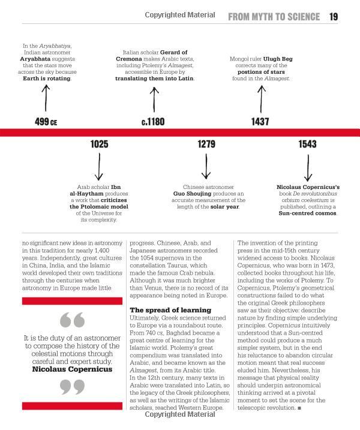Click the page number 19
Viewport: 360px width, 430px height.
(x=334, y=17)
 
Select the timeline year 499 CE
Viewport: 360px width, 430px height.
(x=46, y=122)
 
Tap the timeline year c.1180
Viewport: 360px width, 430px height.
(x=153, y=122)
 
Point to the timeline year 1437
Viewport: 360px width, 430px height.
(x=260, y=122)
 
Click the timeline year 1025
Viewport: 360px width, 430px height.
(x=100, y=144)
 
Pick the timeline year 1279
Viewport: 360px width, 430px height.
(x=206, y=144)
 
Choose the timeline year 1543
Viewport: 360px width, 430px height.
(x=307, y=144)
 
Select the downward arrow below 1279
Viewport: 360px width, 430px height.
(x=206, y=166)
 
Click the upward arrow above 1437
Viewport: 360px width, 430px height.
(x=260, y=97)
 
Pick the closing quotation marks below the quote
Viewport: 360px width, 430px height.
(x=73, y=389)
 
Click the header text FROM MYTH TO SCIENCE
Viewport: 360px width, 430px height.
(x=274, y=17)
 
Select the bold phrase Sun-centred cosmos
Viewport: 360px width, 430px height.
(x=308, y=213)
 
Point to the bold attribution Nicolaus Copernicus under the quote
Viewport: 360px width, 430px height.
(x=72, y=369)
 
